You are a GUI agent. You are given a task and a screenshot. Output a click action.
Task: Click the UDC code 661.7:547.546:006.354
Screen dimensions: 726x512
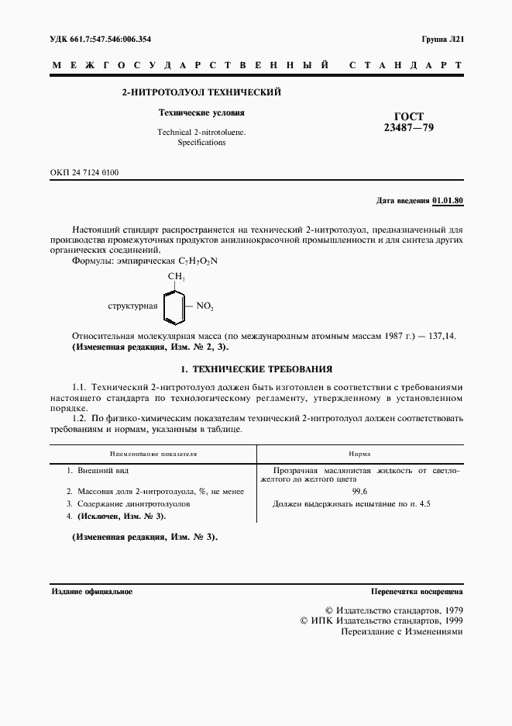101,39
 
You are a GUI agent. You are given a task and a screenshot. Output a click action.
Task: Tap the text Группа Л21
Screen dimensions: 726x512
442,39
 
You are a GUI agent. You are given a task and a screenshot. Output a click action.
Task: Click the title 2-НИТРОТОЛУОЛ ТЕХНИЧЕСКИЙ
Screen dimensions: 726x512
201,92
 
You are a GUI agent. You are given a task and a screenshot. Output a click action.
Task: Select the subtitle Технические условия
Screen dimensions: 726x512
201,112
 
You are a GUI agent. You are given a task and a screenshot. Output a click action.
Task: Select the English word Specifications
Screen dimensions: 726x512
201,143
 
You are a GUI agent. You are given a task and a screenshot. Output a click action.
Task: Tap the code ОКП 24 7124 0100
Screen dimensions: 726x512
84,172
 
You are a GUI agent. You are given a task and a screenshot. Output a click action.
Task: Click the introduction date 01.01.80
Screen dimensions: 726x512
448,201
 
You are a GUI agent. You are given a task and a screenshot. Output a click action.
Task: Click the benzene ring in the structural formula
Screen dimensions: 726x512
175,306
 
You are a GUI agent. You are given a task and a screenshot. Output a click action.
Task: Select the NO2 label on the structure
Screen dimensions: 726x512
204,306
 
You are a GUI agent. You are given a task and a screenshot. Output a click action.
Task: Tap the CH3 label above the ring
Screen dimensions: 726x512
176,277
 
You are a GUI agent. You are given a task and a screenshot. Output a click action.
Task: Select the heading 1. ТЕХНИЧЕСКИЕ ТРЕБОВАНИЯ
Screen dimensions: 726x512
256,369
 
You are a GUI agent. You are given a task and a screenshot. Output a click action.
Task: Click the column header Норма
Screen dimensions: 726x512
359,453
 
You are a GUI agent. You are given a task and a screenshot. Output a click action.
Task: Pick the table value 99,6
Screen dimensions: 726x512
359,491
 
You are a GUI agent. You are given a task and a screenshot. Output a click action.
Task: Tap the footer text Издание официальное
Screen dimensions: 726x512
91,591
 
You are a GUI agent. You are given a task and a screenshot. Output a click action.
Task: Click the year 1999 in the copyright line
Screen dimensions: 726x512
450,621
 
